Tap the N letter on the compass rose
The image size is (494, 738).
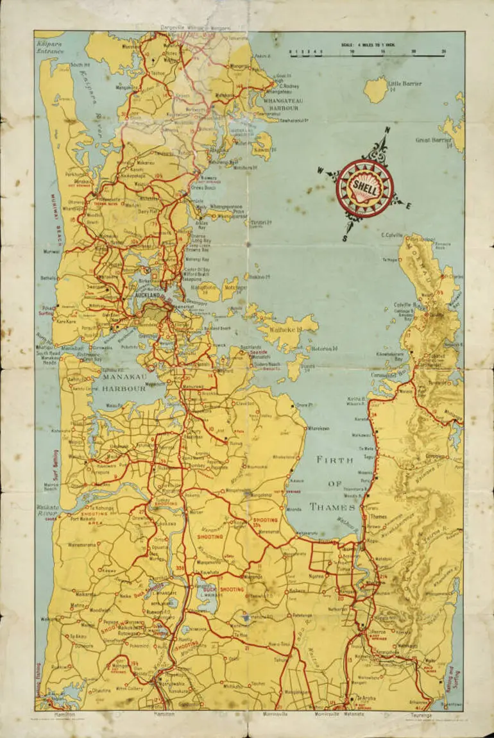387,131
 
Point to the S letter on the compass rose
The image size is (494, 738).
344,239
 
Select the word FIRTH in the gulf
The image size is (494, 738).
331,459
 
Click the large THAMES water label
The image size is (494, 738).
331,507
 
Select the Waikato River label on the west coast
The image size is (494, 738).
47,510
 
